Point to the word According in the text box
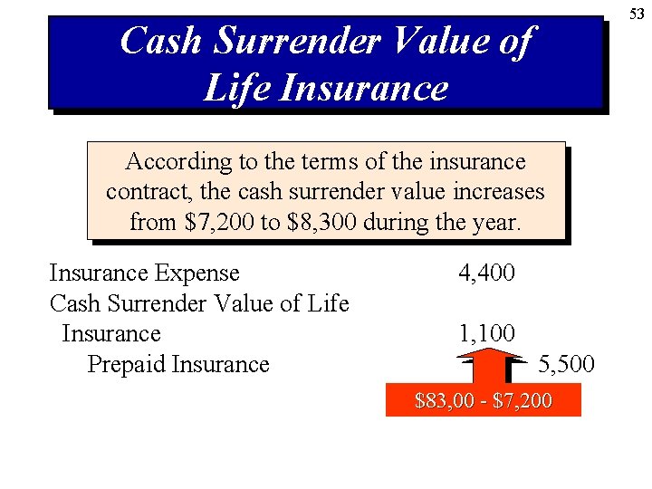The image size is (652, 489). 177,162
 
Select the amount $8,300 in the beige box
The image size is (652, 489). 321,222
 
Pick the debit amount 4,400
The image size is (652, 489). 486,273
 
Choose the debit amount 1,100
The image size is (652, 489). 486,334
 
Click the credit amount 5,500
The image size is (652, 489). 566,364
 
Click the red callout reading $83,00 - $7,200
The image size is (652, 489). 483,400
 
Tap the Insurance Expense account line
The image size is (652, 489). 144,273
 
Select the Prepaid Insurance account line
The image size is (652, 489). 178,364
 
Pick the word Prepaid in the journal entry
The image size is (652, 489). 126,364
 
